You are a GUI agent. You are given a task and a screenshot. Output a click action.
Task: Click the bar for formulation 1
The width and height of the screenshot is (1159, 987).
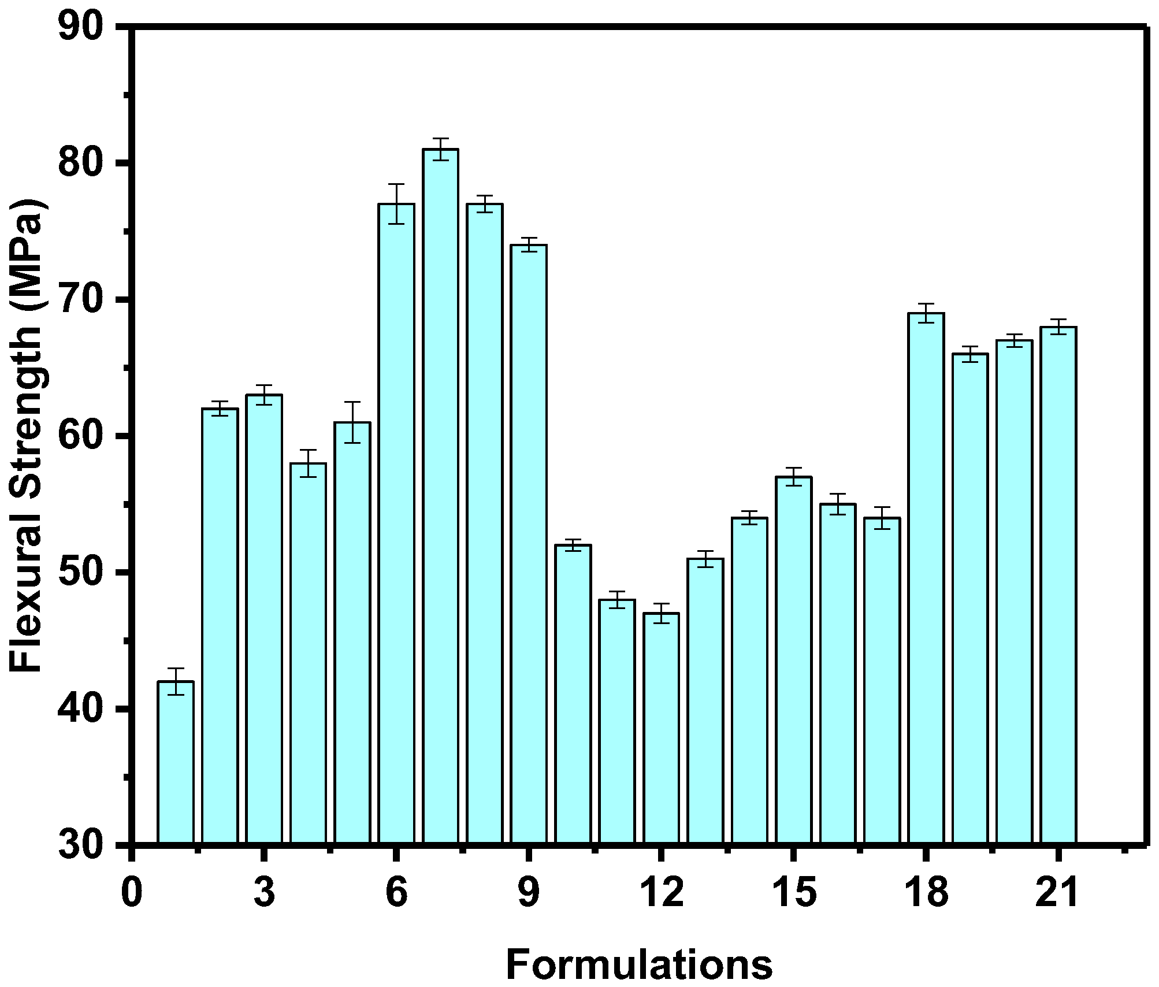coord(176,763)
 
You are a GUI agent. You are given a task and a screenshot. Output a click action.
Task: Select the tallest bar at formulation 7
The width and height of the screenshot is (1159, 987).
coord(440,497)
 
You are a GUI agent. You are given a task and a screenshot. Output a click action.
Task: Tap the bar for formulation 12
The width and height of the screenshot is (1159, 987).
coord(661,728)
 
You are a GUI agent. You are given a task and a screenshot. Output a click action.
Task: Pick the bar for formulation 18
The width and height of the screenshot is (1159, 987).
coord(926,578)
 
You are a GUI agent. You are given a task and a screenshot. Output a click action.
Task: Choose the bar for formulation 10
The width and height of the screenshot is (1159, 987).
coord(573,693)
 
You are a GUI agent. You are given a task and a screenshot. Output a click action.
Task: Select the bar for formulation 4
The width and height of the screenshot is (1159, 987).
coord(308,653)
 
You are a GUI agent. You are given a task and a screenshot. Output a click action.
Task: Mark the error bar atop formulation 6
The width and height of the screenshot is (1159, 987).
coord(396,204)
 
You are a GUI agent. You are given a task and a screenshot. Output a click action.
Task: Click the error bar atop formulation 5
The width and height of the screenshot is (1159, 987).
coord(352,422)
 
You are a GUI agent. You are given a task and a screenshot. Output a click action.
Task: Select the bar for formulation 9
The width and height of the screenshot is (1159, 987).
coord(529,543)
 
